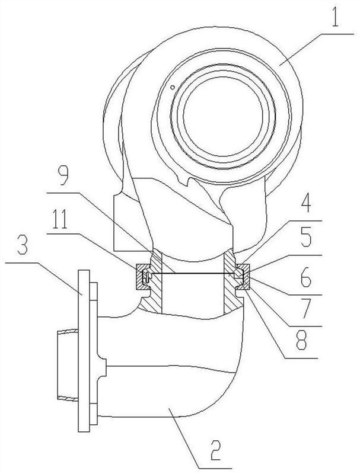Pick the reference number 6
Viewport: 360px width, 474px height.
(306, 277)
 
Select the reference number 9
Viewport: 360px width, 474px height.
(63, 176)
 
